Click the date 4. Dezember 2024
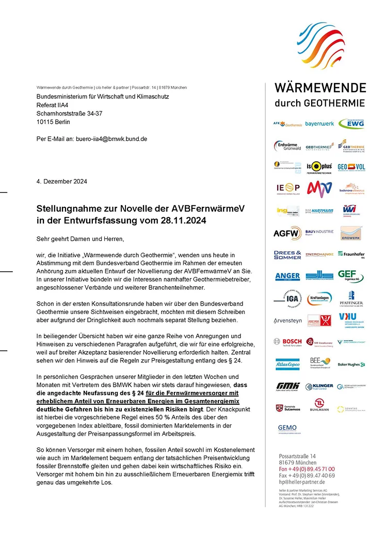point(61,182)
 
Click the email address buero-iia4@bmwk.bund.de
point(112,139)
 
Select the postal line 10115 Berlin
point(53,122)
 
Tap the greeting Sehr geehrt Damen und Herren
point(81,239)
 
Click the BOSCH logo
point(287,341)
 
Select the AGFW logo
point(287,233)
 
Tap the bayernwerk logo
point(319,124)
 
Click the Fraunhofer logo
point(351,254)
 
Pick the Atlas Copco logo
point(287,364)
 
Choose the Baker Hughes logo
point(351,365)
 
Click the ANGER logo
point(287,276)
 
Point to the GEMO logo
point(287,428)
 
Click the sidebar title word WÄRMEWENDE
point(320,88)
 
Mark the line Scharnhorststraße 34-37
point(70,113)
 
